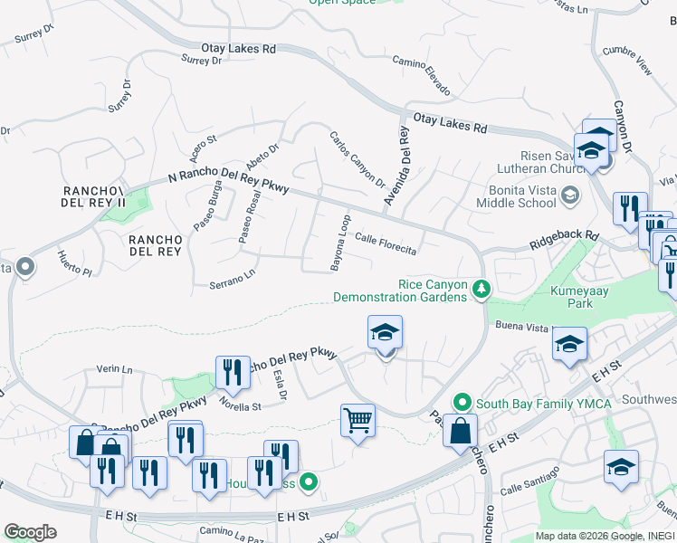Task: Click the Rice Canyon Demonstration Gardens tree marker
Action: coord(482,289)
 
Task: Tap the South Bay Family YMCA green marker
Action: coord(462,402)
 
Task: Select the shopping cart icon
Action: coord(358,420)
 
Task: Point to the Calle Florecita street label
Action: coord(386,243)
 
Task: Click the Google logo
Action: coord(30,532)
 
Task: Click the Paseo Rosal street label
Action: coord(249,217)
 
